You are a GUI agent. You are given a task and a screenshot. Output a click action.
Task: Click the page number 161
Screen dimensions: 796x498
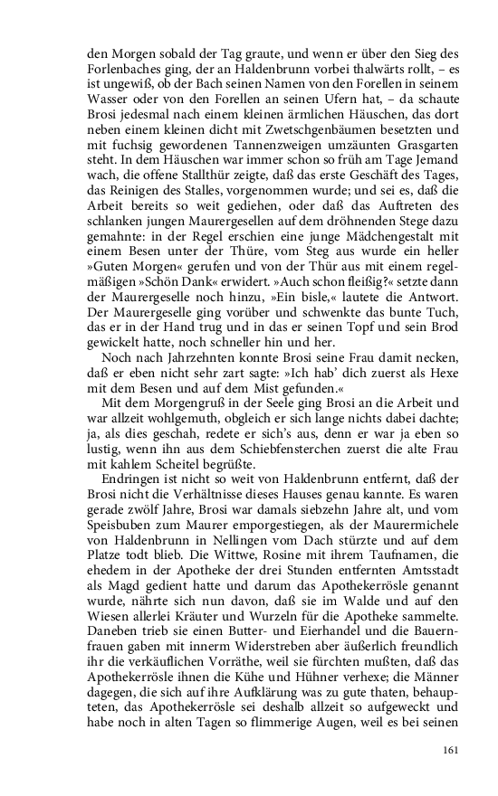pos(453,748)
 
